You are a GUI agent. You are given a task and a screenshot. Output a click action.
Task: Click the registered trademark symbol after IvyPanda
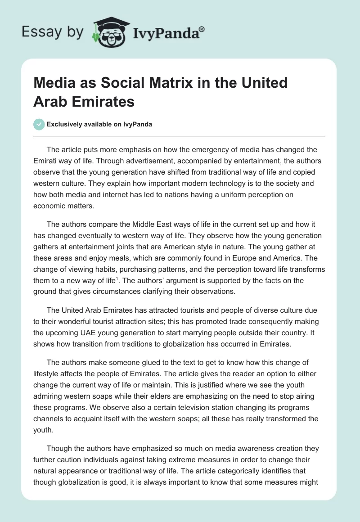[202, 29]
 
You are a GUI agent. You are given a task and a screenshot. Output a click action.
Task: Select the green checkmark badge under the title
[39, 124]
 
